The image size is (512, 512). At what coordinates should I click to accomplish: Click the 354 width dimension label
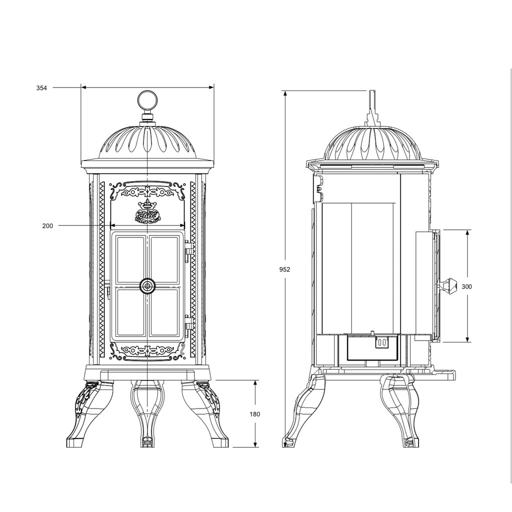point(42,88)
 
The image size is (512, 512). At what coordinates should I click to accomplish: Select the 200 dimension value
point(47,225)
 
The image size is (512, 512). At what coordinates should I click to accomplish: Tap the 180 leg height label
point(254,414)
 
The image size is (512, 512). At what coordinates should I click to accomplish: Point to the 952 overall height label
point(284,269)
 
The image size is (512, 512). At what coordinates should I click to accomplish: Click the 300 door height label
point(467,286)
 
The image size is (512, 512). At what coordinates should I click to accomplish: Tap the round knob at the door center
point(148,286)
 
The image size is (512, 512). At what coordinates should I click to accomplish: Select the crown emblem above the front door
point(147,211)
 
